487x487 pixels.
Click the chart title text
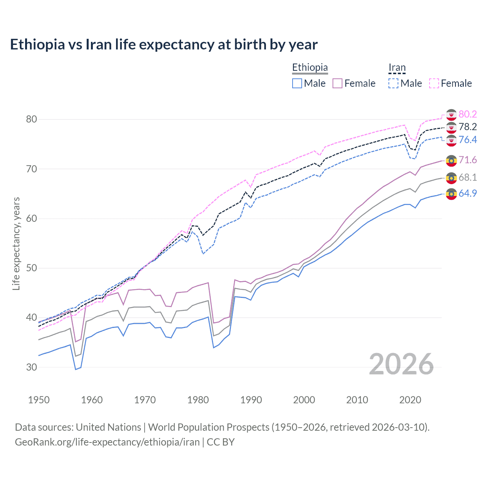pos(164,45)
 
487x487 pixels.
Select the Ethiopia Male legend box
pos(297,83)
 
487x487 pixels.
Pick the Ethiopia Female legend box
pos(337,83)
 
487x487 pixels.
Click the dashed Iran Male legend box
pos(393,83)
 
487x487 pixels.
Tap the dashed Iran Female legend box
pos(434,83)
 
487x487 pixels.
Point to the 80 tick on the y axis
pos(32,119)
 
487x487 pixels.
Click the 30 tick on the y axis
pos(32,367)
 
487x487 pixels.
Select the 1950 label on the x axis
pos(39,400)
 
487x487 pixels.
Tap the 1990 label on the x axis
pos(251,400)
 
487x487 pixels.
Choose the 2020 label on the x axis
pos(410,400)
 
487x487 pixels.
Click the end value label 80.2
pos(468,114)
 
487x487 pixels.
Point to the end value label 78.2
pos(468,127)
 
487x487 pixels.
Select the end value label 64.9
pos(468,193)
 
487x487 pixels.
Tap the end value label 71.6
pos(468,160)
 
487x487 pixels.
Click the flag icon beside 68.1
pos(451,178)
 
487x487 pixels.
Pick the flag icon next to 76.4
pos(451,140)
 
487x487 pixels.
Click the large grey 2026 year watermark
pos(401,364)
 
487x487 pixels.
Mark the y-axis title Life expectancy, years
pos(16,243)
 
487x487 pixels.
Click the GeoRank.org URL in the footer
pos(107,442)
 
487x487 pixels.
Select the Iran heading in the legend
pos(397,68)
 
